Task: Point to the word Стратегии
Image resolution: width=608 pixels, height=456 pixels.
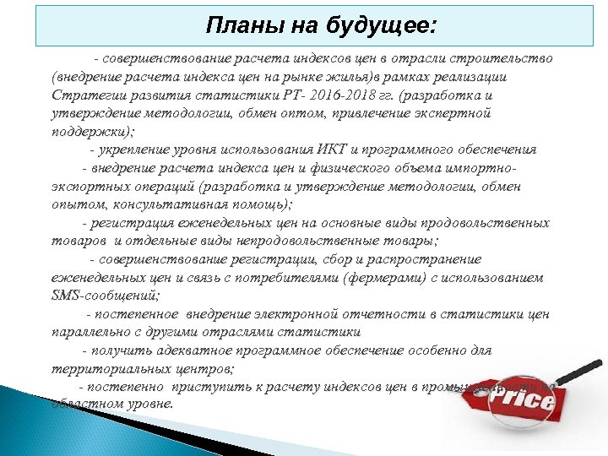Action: [84, 95]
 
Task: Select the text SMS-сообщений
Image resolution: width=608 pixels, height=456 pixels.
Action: [104, 296]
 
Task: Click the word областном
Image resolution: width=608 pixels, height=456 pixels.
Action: [84, 404]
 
